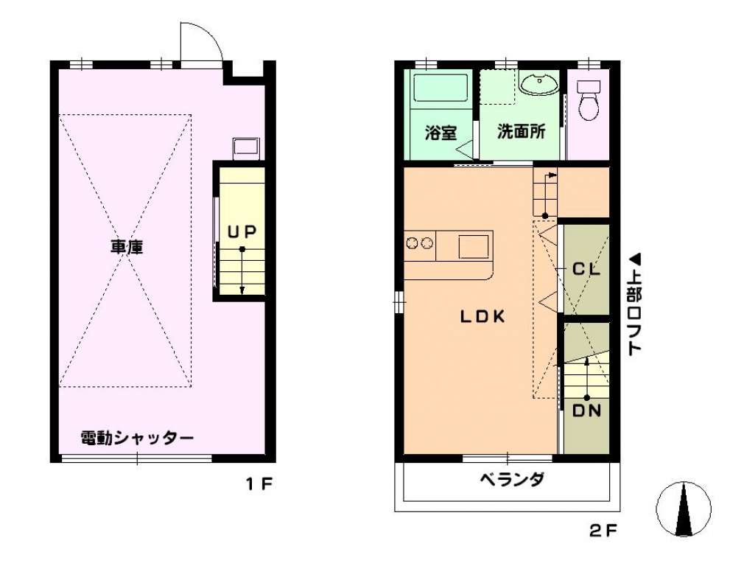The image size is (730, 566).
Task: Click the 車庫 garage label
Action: pos(127,247)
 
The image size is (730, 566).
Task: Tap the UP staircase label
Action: pos(242,231)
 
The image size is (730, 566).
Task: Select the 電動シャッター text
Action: pos(137,438)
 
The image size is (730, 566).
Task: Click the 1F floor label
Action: pos(259,484)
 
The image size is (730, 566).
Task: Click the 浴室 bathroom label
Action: pos(441,133)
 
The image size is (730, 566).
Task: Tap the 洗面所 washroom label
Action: pos(522,132)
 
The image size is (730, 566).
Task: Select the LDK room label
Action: pos(482,317)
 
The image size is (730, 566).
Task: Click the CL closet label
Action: pos(586,269)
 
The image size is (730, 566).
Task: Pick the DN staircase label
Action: pos(586,411)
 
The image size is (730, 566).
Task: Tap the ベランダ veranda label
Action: pos(512,479)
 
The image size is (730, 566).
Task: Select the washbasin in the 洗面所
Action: pos(538,84)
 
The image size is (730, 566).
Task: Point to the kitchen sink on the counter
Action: pos(474,247)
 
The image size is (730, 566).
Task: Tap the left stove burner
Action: pos(412,242)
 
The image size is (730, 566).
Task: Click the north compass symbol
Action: pos(684,509)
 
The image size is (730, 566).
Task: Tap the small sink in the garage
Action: pos(247,148)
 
